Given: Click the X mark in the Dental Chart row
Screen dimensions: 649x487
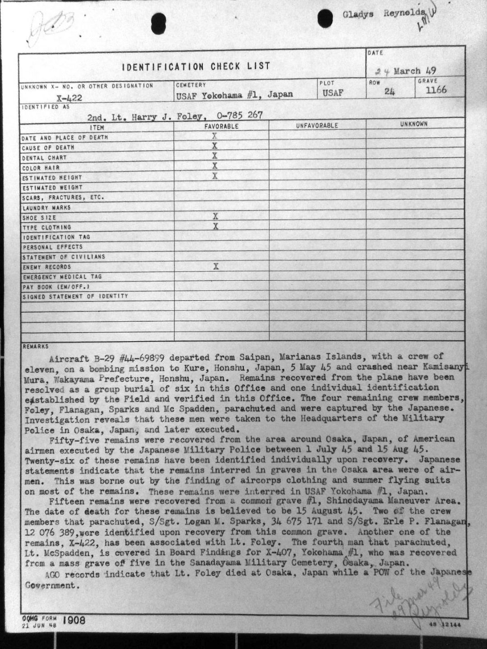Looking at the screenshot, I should point(215,156).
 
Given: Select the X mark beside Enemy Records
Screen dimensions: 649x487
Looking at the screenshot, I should point(216,266).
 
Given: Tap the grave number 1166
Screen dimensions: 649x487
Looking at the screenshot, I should point(436,90).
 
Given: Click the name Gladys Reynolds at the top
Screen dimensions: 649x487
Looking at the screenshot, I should point(383,14).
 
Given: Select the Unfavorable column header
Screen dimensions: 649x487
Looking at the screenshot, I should point(317,126).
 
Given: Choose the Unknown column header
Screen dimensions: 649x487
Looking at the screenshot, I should point(413,124).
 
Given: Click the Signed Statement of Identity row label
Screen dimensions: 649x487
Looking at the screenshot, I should point(75,297).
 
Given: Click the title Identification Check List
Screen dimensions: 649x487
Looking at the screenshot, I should point(196,67).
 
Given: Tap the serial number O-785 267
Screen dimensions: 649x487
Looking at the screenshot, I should point(239,115).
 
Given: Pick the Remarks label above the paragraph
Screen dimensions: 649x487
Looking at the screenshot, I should point(35,347).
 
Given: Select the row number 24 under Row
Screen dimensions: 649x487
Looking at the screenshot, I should point(390,91).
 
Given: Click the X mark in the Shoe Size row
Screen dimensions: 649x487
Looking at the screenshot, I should point(215,217).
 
